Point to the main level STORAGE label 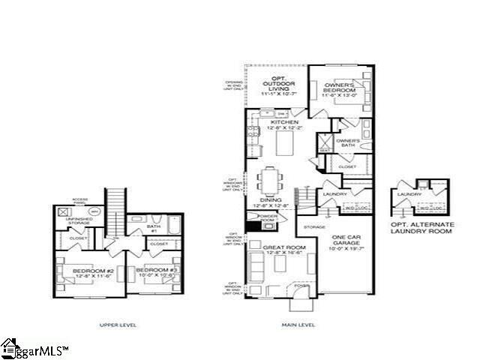pos(314,226)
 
